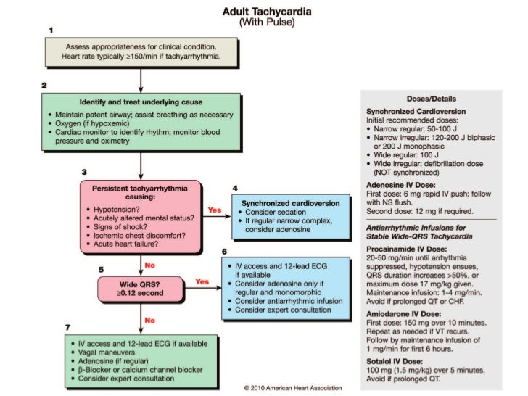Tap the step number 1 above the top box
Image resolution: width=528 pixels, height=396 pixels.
[51, 29]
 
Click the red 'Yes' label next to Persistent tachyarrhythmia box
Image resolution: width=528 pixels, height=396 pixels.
[215, 210]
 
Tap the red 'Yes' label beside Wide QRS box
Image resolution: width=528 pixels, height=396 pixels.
[203, 281]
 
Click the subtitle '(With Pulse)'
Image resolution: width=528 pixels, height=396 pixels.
[268, 22]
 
